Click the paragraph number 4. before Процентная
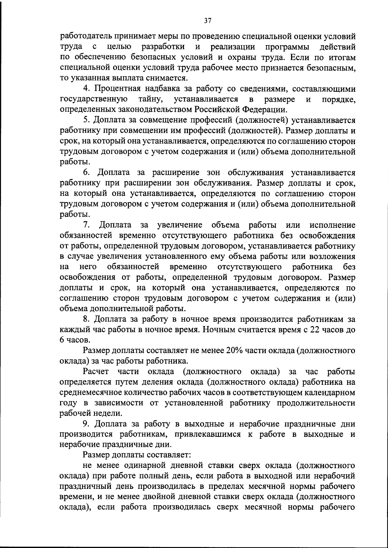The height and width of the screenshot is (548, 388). (x=86, y=89)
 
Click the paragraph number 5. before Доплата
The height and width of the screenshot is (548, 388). (x=86, y=120)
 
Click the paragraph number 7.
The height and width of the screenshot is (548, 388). (x=86, y=225)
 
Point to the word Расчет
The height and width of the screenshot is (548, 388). (x=96, y=372)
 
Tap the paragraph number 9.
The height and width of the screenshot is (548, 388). (x=86, y=424)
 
